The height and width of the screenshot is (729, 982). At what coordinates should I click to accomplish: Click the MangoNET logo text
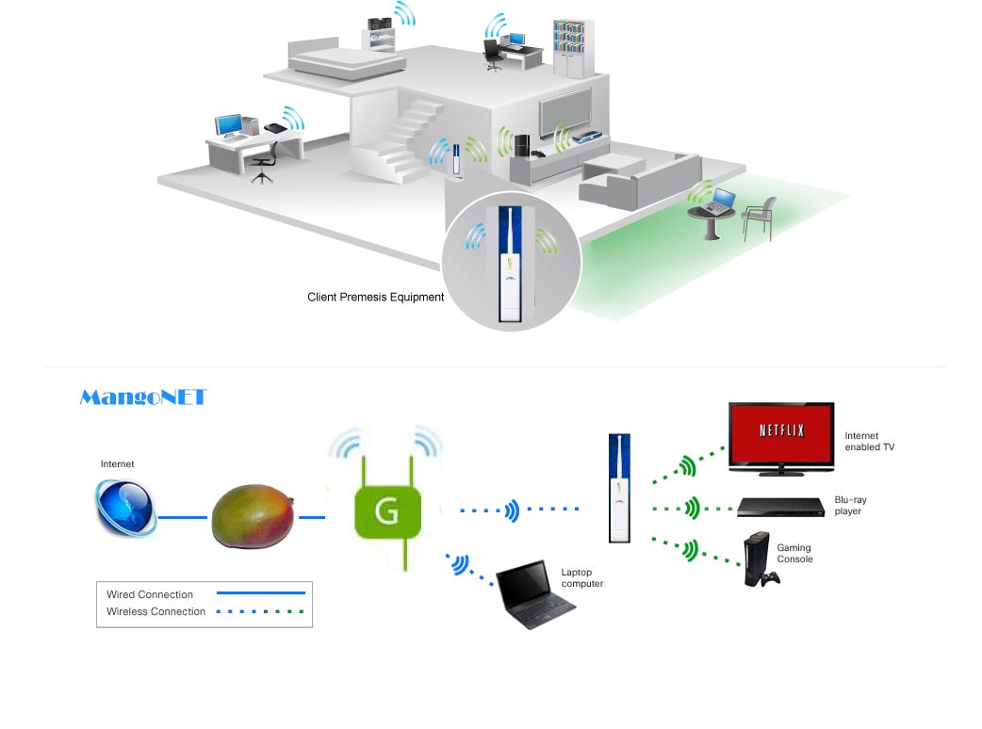point(142,397)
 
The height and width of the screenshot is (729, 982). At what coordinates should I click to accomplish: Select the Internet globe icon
point(125,509)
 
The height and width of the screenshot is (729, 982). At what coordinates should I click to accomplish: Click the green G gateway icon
point(385,512)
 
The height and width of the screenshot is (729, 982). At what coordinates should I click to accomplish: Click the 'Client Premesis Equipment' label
point(375,297)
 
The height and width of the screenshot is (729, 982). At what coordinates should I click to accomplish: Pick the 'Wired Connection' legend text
point(150,594)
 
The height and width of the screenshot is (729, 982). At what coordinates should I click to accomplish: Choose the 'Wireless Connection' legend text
point(155,611)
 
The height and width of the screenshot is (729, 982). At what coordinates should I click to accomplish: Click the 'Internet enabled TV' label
point(869,442)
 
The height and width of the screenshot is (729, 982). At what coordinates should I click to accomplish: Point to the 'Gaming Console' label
point(794,554)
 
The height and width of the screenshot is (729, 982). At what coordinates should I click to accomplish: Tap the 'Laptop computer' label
point(582,577)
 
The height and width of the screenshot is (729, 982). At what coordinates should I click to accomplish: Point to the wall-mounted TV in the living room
point(565,110)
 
